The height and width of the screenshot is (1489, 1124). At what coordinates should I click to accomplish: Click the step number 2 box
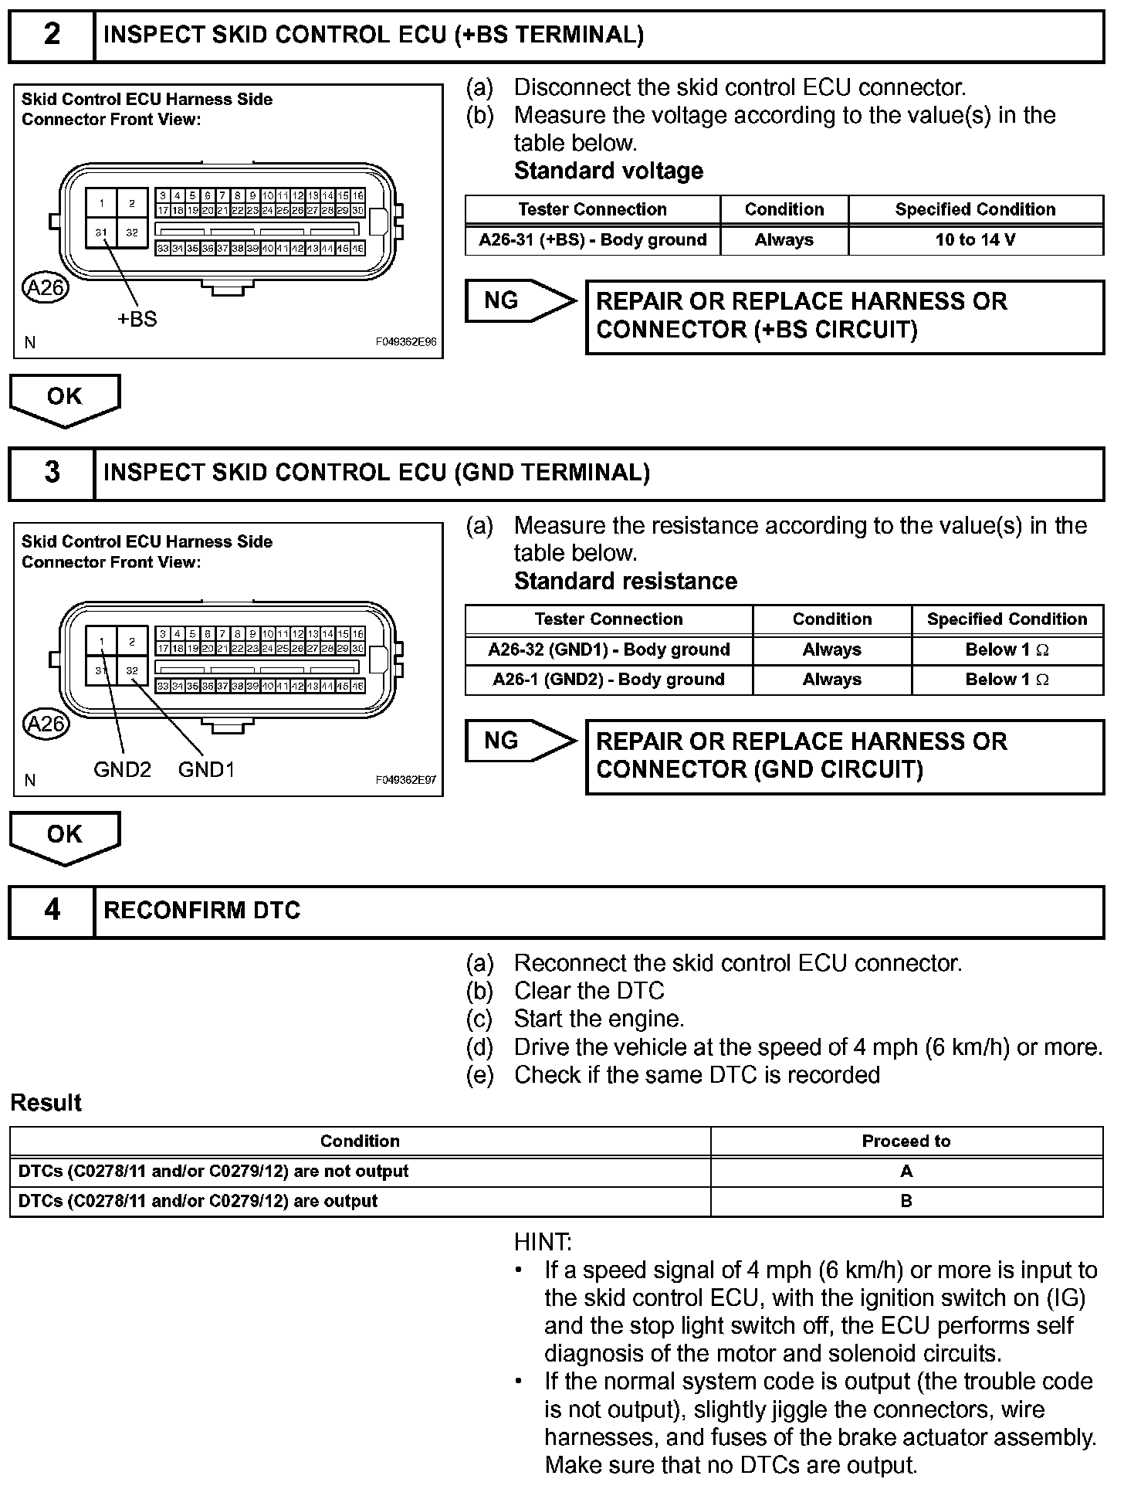tap(52, 36)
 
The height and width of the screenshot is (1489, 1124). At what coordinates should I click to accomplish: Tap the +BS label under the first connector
tap(137, 319)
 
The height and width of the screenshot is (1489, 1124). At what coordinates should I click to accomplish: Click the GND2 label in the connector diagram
tap(122, 769)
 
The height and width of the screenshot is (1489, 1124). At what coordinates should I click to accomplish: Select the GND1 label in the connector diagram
tap(206, 769)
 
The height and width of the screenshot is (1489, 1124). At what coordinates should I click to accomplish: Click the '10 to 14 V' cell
tap(975, 240)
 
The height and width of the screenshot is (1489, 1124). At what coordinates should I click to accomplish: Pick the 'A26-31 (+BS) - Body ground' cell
tap(592, 240)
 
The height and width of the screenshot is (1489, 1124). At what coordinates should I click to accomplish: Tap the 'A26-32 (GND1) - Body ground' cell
tap(608, 650)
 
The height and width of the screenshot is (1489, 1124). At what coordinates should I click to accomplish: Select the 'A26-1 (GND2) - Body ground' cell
tap(608, 680)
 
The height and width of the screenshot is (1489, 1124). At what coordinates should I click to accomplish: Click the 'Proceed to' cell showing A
tap(906, 1172)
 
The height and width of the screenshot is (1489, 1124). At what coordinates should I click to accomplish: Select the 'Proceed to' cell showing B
tap(906, 1202)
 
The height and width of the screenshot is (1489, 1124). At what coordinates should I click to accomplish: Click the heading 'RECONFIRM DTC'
tap(201, 911)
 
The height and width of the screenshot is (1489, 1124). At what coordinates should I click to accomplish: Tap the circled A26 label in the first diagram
tap(46, 288)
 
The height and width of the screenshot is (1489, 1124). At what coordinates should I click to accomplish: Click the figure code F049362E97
tap(406, 780)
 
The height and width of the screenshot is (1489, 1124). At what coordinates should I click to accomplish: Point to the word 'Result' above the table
tap(46, 1103)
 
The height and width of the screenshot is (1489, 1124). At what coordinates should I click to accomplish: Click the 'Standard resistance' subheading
tap(625, 581)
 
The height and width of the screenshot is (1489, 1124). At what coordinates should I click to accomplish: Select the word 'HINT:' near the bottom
tap(543, 1242)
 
